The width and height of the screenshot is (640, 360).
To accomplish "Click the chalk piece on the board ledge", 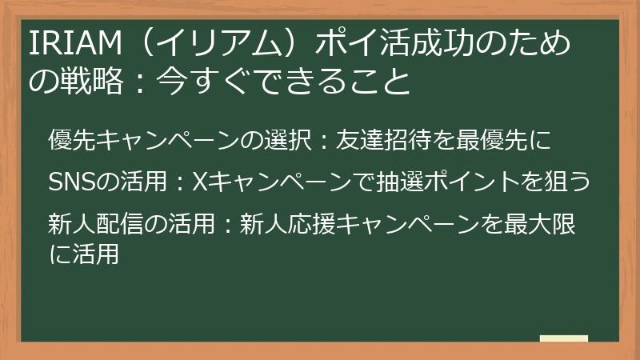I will (564, 339).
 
